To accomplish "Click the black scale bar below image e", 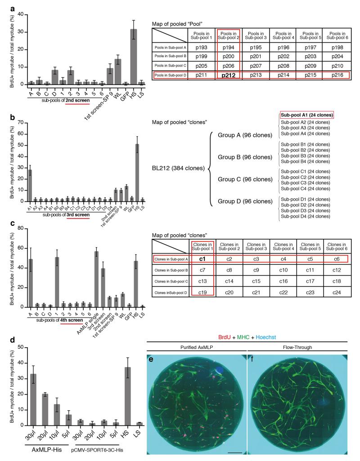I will (234, 451).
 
